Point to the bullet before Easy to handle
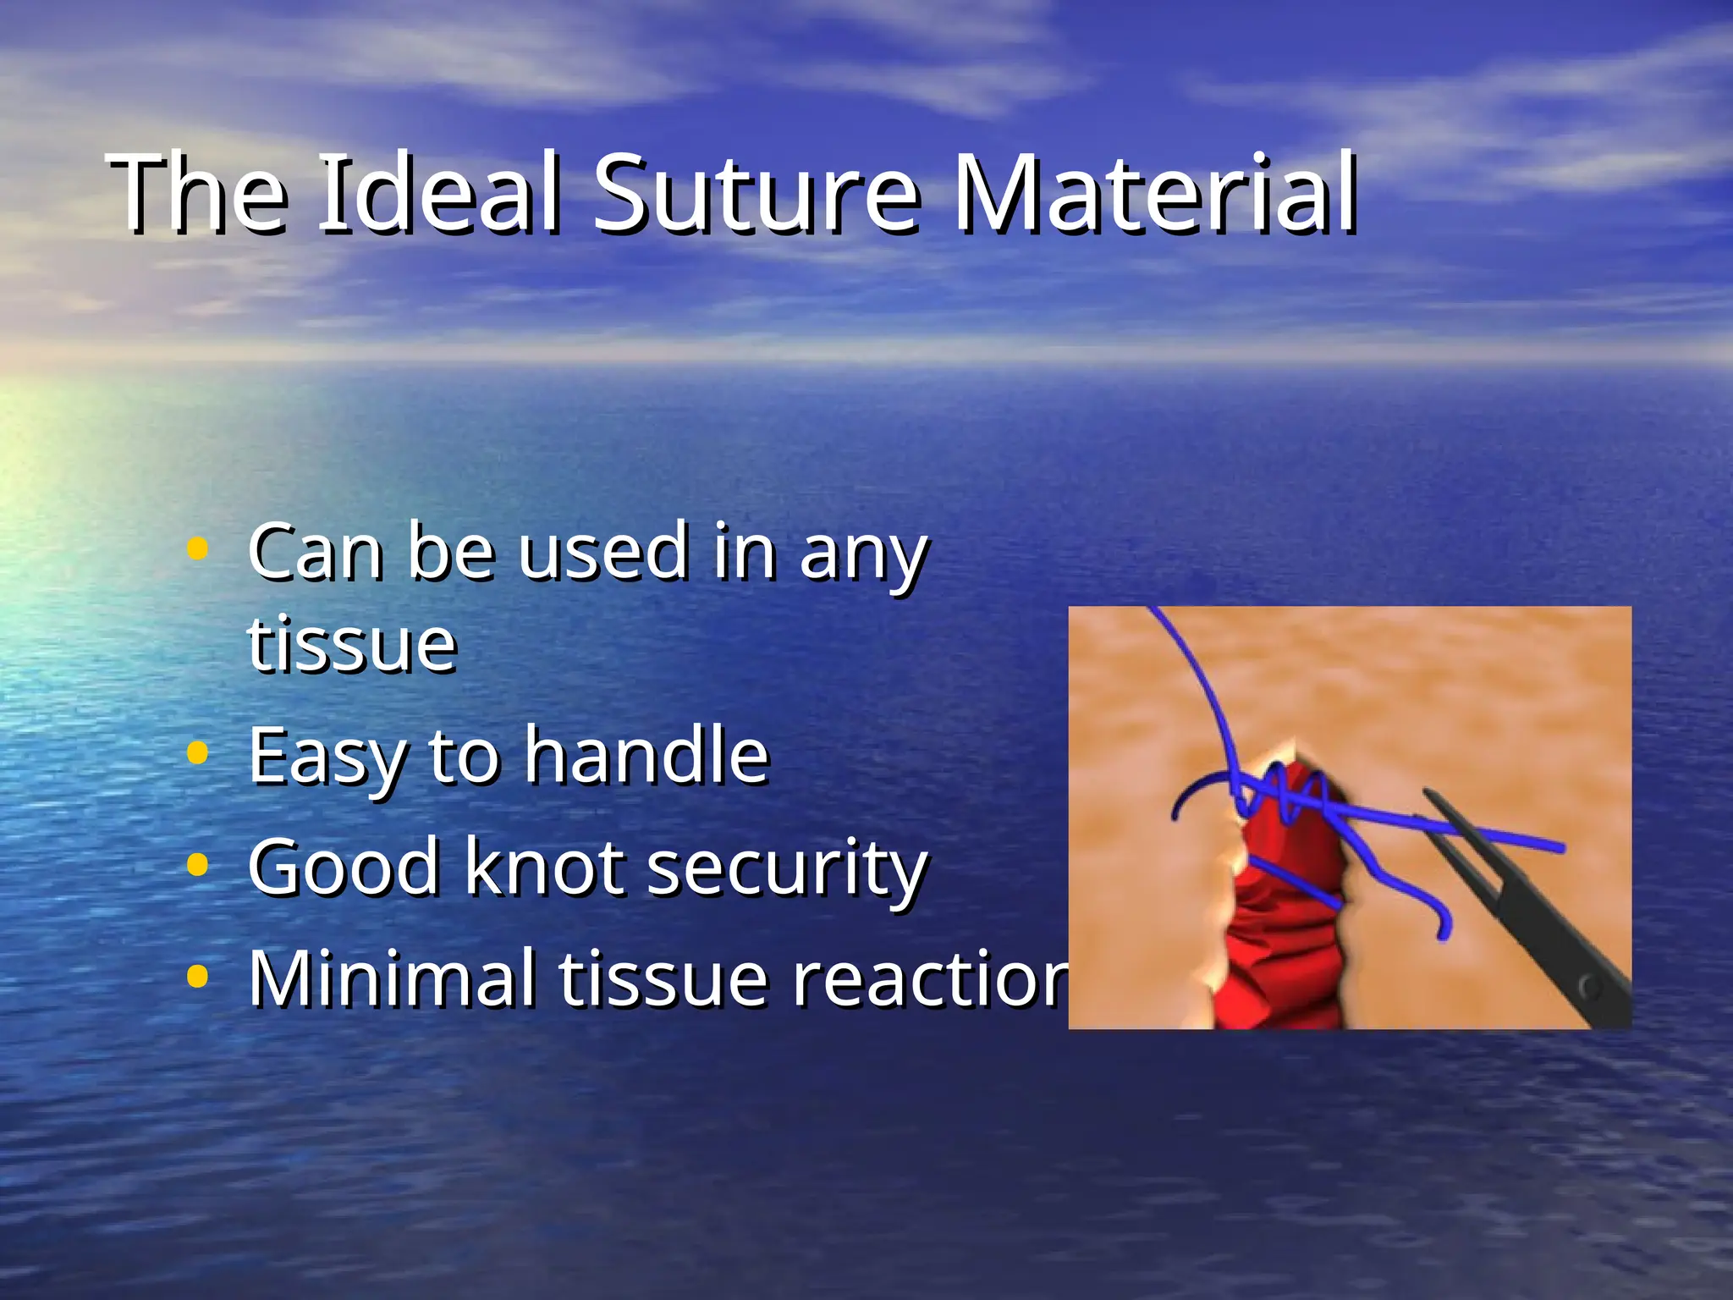[x=196, y=753]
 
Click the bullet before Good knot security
[x=196, y=865]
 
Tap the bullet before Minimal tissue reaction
[x=196, y=977]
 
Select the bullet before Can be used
[x=196, y=550]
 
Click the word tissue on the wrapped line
[x=352, y=645]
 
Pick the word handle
[x=646, y=755]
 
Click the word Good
[x=344, y=867]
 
